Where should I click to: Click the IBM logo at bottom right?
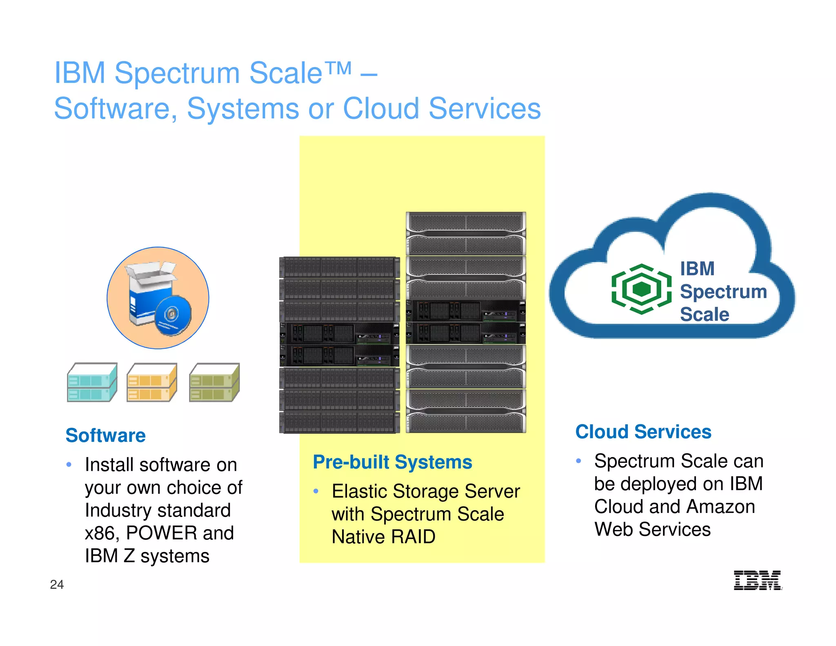pos(757,580)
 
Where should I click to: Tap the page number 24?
pos(57,584)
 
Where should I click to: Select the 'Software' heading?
pos(105,435)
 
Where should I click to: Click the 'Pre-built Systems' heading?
pos(392,462)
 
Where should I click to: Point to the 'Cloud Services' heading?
pos(643,432)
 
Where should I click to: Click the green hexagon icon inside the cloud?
pos(641,289)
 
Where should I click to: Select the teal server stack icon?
pos(92,382)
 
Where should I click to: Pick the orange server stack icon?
pos(151,382)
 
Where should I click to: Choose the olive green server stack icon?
pos(214,382)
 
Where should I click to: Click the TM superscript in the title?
pos(338,68)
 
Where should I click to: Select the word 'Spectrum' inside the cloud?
pos(723,292)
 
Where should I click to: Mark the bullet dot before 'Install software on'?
pos(69,465)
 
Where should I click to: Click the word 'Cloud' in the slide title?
pos(381,109)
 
